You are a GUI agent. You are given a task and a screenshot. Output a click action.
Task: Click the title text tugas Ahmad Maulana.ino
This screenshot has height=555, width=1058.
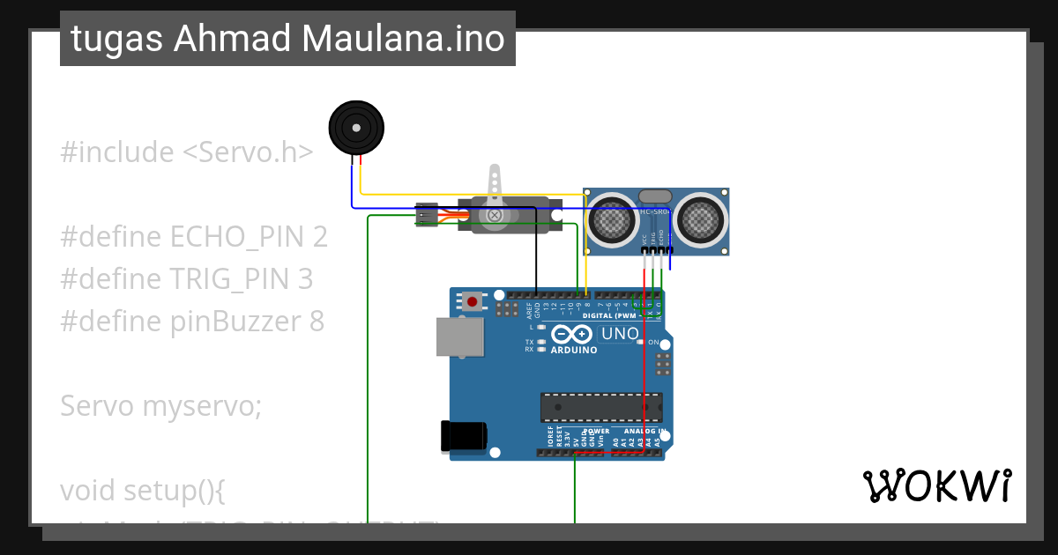point(287,40)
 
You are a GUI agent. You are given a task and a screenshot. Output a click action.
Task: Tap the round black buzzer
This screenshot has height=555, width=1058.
point(356,129)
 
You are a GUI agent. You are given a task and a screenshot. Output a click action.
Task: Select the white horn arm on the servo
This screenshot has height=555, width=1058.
point(495,185)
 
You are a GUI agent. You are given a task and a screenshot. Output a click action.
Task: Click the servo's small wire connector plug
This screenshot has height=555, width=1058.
point(426,215)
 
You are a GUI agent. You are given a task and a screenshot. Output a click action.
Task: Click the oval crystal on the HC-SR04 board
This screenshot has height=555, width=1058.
point(655,196)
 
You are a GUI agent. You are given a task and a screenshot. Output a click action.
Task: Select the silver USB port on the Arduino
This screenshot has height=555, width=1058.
point(460,337)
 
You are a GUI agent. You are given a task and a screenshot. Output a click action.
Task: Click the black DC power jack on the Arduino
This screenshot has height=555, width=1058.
point(463,436)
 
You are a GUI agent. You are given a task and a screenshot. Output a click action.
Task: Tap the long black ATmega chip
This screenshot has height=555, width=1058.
point(601,407)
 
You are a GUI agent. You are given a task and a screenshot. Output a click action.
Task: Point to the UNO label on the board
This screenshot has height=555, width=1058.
point(619,334)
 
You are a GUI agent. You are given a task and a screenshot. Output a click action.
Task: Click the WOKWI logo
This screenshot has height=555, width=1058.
point(936,486)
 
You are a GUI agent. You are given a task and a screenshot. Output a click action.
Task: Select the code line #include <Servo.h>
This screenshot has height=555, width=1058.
point(186,152)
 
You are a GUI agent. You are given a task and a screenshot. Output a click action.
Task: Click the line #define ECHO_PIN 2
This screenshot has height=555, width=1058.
point(194,237)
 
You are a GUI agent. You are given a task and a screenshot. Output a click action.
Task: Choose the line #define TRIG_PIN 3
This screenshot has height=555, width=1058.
point(186,279)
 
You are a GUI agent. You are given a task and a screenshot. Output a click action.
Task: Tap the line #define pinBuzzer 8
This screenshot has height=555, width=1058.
point(192,322)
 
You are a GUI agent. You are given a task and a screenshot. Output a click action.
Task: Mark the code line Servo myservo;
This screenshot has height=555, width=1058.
point(161,406)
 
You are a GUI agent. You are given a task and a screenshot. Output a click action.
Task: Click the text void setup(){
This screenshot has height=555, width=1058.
point(143,491)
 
